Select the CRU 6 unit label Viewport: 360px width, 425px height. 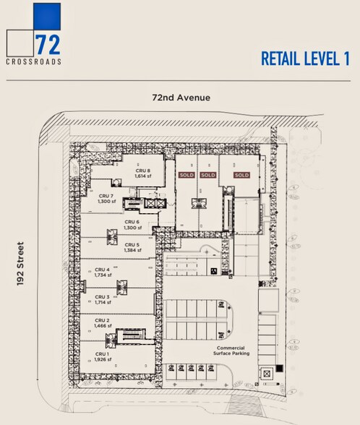tap(132, 222)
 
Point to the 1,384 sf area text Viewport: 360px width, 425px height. tap(132, 250)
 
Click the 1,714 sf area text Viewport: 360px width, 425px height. tap(103, 302)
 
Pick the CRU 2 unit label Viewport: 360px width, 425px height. tap(103, 321)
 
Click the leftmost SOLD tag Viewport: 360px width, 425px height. tap(187, 175)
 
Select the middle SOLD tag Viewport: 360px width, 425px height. tap(208, 175)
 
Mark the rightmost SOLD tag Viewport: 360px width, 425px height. tap(241, 175)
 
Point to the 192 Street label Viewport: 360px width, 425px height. tap(22, 265)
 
